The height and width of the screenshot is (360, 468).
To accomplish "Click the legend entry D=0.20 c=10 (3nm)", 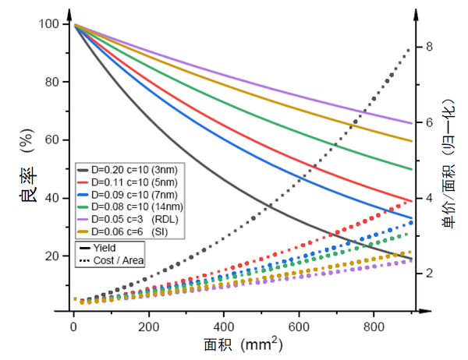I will pyautogui.click(x=129, y=168).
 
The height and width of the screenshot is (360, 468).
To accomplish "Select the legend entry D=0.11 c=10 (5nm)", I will pyautogui.click(x=129, y=181).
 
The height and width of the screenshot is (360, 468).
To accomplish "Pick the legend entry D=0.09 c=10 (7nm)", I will pyautogui.click(x=129, y=193).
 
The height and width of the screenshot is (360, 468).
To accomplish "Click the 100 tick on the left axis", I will pyautogui.click(x=48, y=24).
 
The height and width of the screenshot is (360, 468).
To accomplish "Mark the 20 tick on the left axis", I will pyautogui.click(x=51, y=256).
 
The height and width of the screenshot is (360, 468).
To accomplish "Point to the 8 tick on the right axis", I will pyautogui.click(x=428, y=47).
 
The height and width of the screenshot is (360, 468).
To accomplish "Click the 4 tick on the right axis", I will pyautogui.click(x=428, y=198).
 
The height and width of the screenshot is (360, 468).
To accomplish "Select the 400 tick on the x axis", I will pyautogui.click(x=224, y=326).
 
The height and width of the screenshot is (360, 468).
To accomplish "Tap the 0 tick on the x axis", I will pyautogui.click(x=73, y=326).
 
